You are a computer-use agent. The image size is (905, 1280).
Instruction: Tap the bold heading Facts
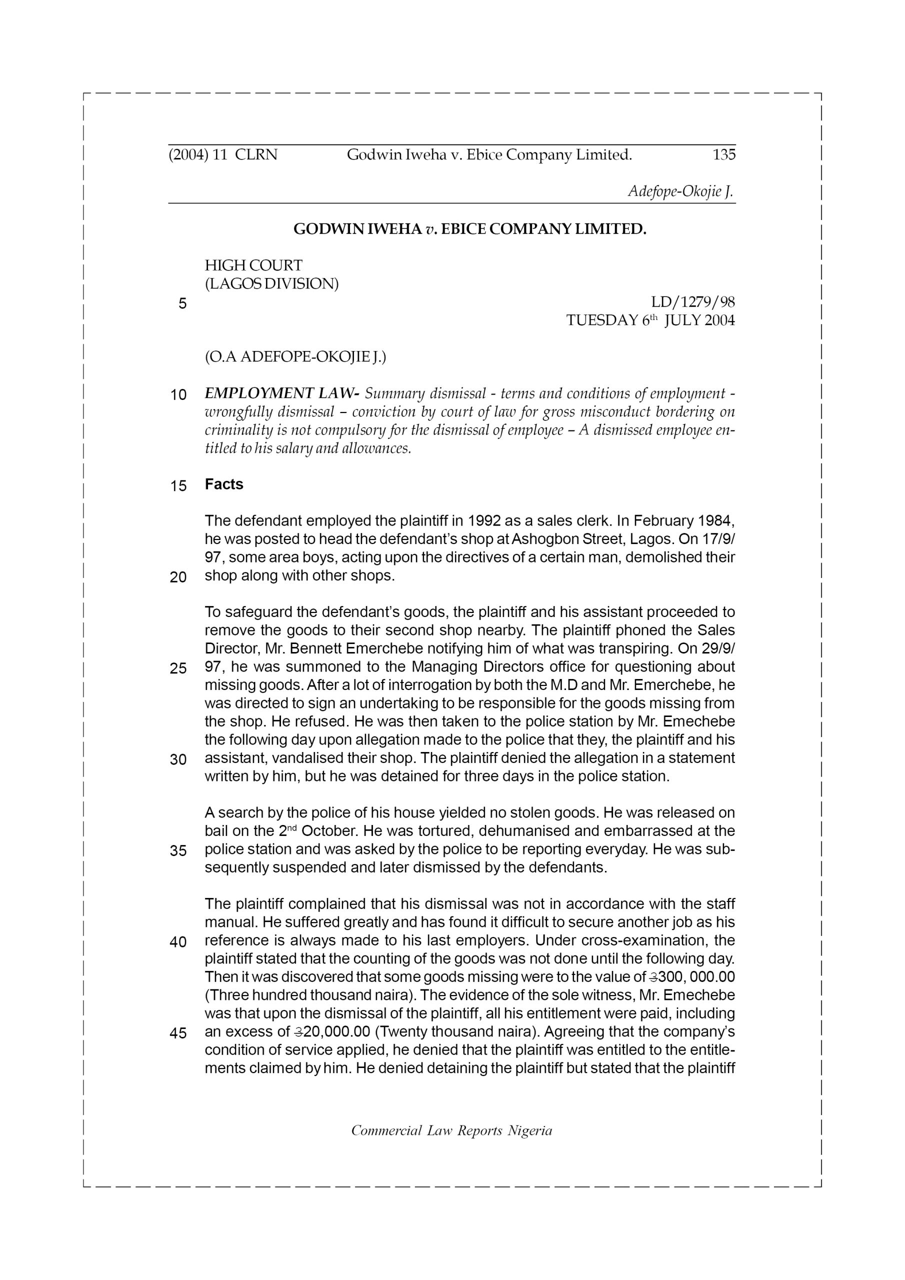click(223, 484)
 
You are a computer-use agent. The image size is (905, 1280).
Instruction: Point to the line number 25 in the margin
click(178, 668)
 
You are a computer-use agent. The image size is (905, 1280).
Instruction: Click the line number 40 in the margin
click(178, 942)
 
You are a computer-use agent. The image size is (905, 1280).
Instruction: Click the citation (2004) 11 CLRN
click(222, 155)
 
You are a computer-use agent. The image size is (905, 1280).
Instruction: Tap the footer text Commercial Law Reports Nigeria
click(451, 1130)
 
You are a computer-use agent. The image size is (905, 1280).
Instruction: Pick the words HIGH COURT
click(253, 265)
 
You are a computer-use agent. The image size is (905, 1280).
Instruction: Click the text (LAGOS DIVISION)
click(271, 284)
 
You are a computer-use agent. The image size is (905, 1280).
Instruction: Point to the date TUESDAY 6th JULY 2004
click(650, 320)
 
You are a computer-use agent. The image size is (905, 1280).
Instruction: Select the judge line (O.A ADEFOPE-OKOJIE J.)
click(295, 357)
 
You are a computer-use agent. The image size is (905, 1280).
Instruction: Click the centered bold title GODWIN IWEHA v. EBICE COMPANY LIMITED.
click(469, 229)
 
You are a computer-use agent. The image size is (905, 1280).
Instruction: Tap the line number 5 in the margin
click(182, 304)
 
